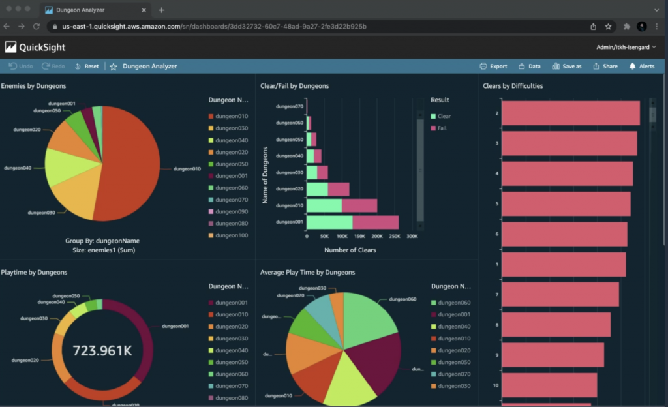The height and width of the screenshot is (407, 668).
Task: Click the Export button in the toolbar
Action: point(493,67)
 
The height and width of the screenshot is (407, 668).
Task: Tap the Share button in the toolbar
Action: point(605,67)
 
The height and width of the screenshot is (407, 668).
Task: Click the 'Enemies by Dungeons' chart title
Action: point(33,86)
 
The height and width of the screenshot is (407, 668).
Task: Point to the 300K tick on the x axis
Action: point(412,237)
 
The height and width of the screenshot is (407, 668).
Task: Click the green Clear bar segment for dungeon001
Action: point(329,222)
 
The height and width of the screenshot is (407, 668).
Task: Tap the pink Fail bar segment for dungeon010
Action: point(359,205)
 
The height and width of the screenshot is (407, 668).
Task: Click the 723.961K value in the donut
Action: point(102,351)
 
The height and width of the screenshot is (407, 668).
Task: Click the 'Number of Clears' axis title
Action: point(350,250)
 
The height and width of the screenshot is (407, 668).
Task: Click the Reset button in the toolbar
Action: point(87,67)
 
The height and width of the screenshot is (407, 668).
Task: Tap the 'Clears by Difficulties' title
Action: point(513,86)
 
